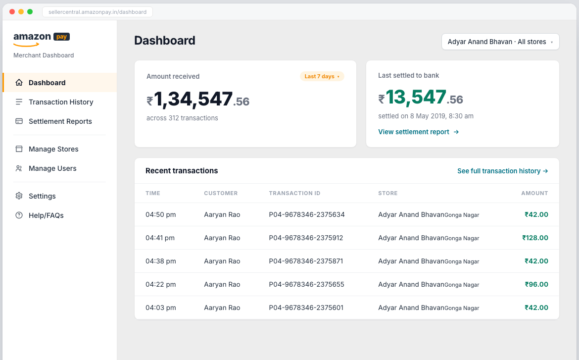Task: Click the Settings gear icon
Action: (19, 196)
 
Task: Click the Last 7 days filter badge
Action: (322, 76)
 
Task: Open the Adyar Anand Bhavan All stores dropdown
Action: (500, 42)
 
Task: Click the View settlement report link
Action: (418, 132)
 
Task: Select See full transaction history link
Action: (503, 171)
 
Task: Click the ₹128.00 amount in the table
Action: (535, 238)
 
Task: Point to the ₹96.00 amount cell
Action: (536, 284)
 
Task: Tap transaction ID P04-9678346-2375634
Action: (307, 214)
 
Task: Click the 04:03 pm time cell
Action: (161, 308)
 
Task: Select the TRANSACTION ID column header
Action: (294, 193)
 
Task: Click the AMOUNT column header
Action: (534, 193)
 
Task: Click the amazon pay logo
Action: (42, 39)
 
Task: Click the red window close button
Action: (12, 12)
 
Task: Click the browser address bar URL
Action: (97, 12)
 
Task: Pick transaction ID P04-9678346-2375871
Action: (306, 261)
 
